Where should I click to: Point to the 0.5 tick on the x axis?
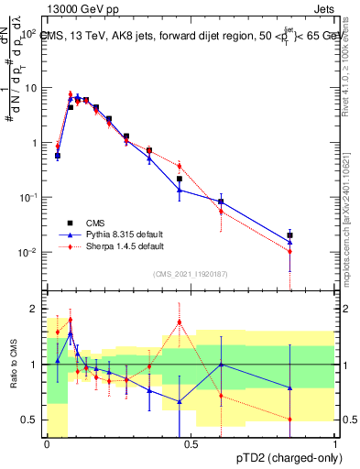click(191, 444)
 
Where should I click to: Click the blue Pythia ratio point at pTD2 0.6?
click(221, 365)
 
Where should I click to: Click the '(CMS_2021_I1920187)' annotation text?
click(191, 274)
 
